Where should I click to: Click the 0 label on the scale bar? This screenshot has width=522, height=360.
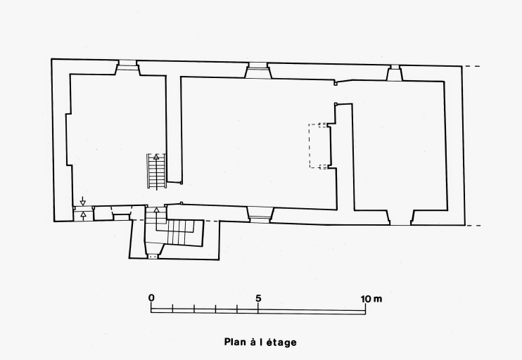tap(151, 298)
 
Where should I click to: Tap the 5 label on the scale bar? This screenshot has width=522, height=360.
tap(258, 298)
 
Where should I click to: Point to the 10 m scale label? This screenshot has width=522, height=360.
tap(371, 299)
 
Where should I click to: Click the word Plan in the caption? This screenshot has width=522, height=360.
tap(235, 342)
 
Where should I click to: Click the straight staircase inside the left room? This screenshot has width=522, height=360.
tap(156, 171)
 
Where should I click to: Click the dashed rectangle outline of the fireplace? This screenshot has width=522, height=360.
tap(318, 146)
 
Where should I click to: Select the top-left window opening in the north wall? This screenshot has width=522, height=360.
tap(127, 67)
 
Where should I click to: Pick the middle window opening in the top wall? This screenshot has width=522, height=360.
tap(258, 70)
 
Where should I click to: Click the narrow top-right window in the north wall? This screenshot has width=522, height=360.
tap(395, 73)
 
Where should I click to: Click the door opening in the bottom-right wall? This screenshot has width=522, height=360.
tap(401, 217)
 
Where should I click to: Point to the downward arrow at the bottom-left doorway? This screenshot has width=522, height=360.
tap(83, 201)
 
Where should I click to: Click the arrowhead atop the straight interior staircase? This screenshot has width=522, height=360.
tap(156, 157)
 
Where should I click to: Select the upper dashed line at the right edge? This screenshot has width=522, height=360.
tap(473, 67)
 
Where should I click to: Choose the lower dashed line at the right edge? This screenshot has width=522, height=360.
tap(473, 226)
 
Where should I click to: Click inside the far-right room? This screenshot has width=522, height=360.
tap(400, 146)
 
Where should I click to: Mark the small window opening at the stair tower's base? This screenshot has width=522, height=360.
tap(153, 257)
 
